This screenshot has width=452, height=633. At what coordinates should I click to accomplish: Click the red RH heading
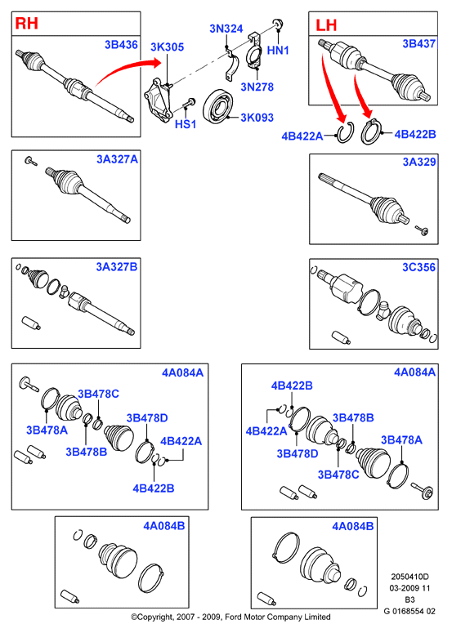27,24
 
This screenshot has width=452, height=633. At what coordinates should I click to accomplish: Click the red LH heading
326,25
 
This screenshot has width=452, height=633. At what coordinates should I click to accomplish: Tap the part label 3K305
168,47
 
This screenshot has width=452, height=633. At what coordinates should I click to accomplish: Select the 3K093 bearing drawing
217,106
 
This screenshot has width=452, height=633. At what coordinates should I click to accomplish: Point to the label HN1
278,51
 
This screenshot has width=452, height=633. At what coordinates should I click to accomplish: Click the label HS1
186,124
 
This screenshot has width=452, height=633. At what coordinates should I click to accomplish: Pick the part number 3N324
226,29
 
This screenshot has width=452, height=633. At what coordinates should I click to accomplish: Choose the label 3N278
257,87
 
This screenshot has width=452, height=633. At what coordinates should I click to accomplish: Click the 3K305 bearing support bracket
159,100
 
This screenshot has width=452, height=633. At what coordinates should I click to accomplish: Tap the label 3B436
121,44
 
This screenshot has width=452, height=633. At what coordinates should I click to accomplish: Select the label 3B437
418,43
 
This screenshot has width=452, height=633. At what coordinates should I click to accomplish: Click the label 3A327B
117,267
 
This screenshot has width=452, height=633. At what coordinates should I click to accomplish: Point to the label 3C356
418,267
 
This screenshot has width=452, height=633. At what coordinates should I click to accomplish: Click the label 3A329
419,162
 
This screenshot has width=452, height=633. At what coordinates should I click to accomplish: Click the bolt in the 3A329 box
422,230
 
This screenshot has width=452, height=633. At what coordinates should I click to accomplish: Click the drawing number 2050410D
409,577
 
